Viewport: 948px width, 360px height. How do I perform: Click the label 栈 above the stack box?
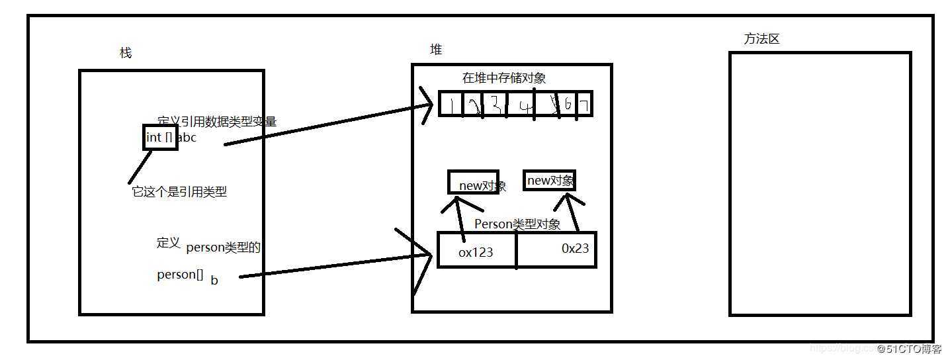(x=125, y=53)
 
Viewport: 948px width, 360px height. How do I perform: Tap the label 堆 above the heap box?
(x=436, y=50)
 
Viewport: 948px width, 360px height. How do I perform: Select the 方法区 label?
(x=761, y=39)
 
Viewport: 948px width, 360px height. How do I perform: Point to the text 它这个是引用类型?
(x=179, y=192)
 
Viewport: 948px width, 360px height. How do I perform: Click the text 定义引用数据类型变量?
(x=217, y=121)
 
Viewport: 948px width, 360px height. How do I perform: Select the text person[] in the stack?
(x=180, y=275)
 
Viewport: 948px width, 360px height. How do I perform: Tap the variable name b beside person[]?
(x=214, y=280)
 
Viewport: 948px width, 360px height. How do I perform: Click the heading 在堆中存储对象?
(x=504, y=78)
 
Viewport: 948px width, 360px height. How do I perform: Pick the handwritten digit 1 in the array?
(x=451, y=105)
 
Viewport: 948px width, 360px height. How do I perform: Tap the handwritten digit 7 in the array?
(x=584, y=105)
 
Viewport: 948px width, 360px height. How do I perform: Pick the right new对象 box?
(x=549, y=181)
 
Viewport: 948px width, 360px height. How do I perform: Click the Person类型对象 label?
(x=517, y=224)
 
